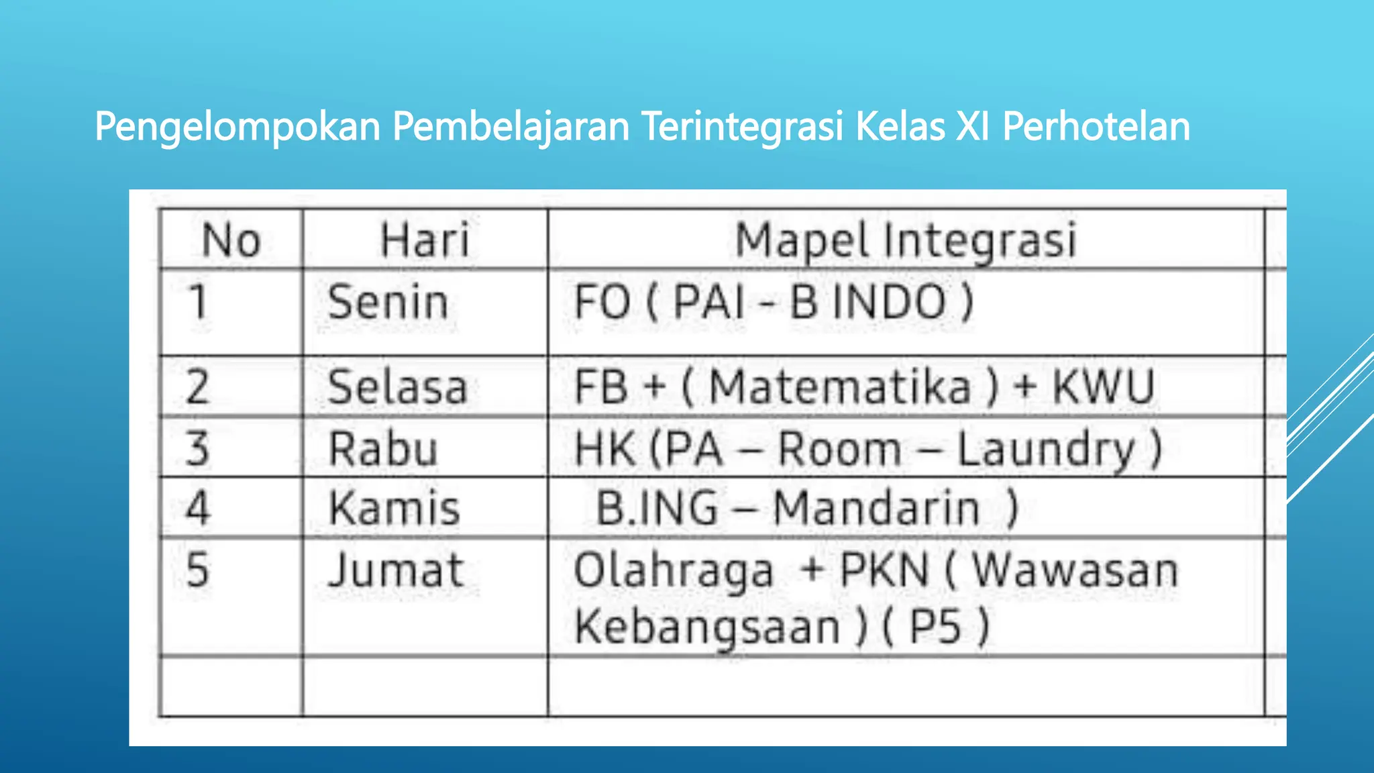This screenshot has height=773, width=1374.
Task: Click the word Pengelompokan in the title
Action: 237,127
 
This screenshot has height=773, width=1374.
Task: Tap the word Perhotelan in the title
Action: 1096,127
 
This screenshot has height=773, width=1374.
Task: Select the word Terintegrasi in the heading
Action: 742,127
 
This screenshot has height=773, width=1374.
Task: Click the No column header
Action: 231,240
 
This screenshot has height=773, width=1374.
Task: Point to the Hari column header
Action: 424,240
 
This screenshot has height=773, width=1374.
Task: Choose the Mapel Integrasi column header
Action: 906,240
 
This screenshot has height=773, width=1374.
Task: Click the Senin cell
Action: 388,302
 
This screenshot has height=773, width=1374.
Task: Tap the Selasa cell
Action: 397,387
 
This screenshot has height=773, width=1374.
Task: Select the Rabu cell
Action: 382,448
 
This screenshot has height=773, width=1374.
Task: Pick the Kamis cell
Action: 394,508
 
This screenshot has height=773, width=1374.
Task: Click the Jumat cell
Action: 396,570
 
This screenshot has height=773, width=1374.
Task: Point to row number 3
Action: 197,448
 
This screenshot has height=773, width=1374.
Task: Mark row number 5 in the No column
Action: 197,570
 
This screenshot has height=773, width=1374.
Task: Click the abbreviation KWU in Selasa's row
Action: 1103,387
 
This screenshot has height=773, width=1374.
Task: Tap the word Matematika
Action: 840,387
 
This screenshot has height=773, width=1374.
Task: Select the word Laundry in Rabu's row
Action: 1045,450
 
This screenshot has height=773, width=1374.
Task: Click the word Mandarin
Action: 876,508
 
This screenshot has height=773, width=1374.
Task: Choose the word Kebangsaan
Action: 707,627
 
